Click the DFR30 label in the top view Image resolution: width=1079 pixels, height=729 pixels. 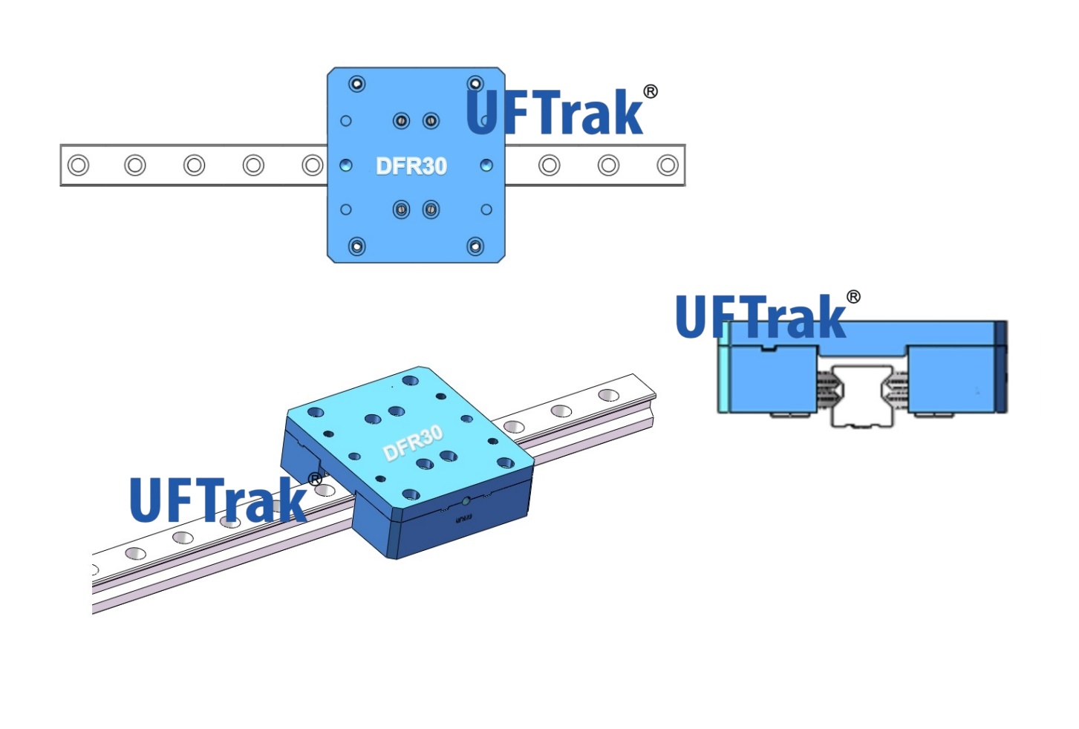tap(411, 166)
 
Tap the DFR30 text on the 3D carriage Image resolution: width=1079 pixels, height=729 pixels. tap(413, 443)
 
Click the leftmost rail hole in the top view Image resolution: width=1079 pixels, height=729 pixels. tap(78, 165)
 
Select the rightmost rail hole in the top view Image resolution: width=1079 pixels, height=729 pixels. tap(667, 165)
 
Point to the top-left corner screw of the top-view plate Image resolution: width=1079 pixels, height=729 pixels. tap(357, 84)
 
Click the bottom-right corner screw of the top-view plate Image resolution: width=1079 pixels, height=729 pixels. tap(475, 246)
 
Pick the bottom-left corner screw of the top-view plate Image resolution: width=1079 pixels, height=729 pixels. tap(357, 246)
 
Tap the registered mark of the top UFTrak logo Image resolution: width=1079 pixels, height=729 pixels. tap(651, 91)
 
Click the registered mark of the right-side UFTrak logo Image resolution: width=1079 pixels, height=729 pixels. tap(854, 297)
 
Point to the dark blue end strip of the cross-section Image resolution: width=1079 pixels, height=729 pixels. tap(1001, 367)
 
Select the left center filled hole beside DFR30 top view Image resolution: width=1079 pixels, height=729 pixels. tap(345, 165)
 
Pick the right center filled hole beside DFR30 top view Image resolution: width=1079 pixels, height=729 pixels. tap(486, 165)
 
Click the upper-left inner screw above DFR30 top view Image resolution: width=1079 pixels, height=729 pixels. tap(401, 120)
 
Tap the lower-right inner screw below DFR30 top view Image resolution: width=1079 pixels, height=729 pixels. tap(431, 210)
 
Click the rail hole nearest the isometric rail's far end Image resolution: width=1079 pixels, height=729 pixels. tap(609, 395)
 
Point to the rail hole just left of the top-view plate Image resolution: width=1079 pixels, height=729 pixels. tap(313, 165)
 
